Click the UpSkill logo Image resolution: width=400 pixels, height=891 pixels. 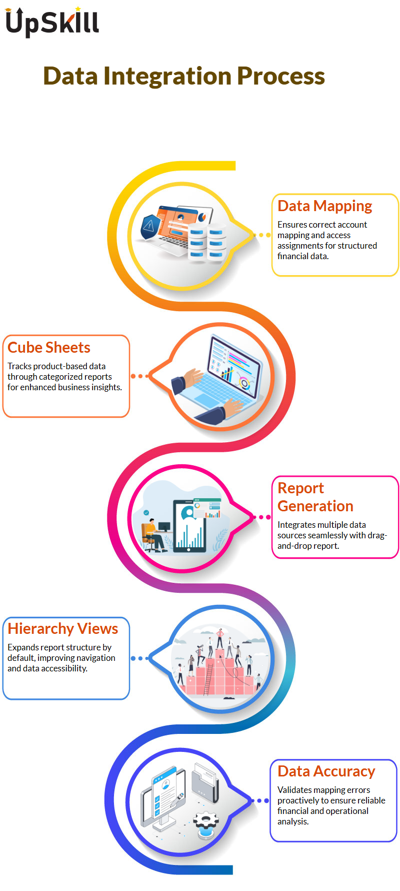click(x=52, y=22)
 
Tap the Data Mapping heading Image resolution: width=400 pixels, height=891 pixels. click(x=325, y=206)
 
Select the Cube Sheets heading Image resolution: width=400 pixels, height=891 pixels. click(x=49, y=347)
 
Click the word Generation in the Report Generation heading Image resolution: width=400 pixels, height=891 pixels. click(x=315, y=506)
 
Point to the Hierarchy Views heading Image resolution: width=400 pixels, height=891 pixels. click(x=63, y=628)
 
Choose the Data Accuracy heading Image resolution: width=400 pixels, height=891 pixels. click(x=326, y=771)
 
